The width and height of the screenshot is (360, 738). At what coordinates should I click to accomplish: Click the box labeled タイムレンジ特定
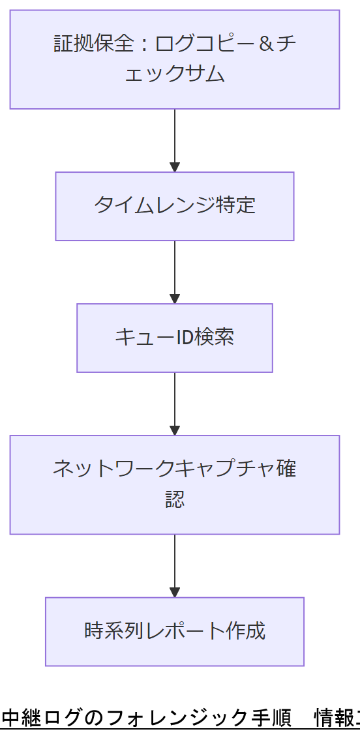(x=175, y=206)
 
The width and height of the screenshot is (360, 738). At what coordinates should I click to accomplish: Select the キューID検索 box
(x=175, y=338)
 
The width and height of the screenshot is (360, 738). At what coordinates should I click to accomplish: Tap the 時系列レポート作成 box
(x=175, y=631)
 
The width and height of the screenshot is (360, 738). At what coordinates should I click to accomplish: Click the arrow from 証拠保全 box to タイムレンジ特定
(x=175, y=140)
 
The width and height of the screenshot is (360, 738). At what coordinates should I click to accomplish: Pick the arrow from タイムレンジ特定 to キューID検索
(x=175, y=272)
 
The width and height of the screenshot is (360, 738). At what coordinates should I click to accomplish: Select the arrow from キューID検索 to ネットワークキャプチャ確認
(x=175, y=404)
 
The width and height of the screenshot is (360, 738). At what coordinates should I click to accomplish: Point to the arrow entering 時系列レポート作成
(x=175, y=565)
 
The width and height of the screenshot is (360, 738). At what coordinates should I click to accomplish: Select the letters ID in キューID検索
(x=185, y=338)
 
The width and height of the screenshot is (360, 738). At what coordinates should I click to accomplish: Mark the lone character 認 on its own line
(x=175, y=499)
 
